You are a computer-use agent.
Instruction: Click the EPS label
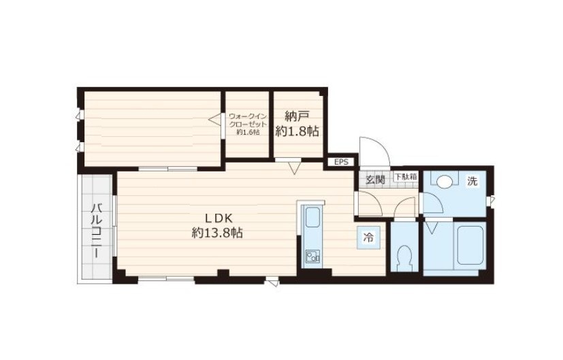pos(341,162)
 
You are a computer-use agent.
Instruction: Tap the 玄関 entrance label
pos(375,180)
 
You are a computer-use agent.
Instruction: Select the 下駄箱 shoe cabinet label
pos(406,176)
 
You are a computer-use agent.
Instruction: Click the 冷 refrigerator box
pos(368,238)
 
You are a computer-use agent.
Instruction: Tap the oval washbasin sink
pos(445,181)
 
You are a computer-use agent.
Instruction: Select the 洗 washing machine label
pos(472,181)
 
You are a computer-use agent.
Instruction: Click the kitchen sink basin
pos(312,217)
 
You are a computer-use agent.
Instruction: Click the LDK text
pos(219,218)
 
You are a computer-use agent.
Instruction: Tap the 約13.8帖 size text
pos(217,233)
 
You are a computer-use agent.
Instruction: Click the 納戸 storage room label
pos(297,116)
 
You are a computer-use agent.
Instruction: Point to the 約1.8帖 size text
pos(297,131)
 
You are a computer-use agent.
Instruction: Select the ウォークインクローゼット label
pos(248,120)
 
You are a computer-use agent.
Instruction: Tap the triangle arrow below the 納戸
pos(294,168)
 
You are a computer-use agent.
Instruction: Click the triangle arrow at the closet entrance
pos(214,120)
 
